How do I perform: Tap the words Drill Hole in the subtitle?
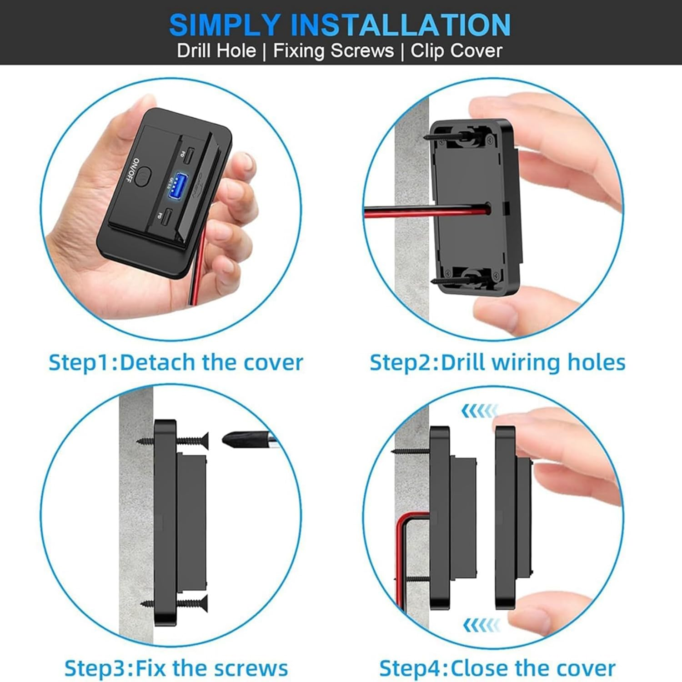[x=216, y=50]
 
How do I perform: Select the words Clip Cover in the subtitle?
[x=456, y=50]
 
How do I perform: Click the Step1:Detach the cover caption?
[x=176, y=363]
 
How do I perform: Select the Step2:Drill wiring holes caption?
[x=497, y=363]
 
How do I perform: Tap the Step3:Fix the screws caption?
[x=176, y=668]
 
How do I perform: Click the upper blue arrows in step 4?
[x=479, y=411]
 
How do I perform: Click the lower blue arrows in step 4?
[x=481, y=625]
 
